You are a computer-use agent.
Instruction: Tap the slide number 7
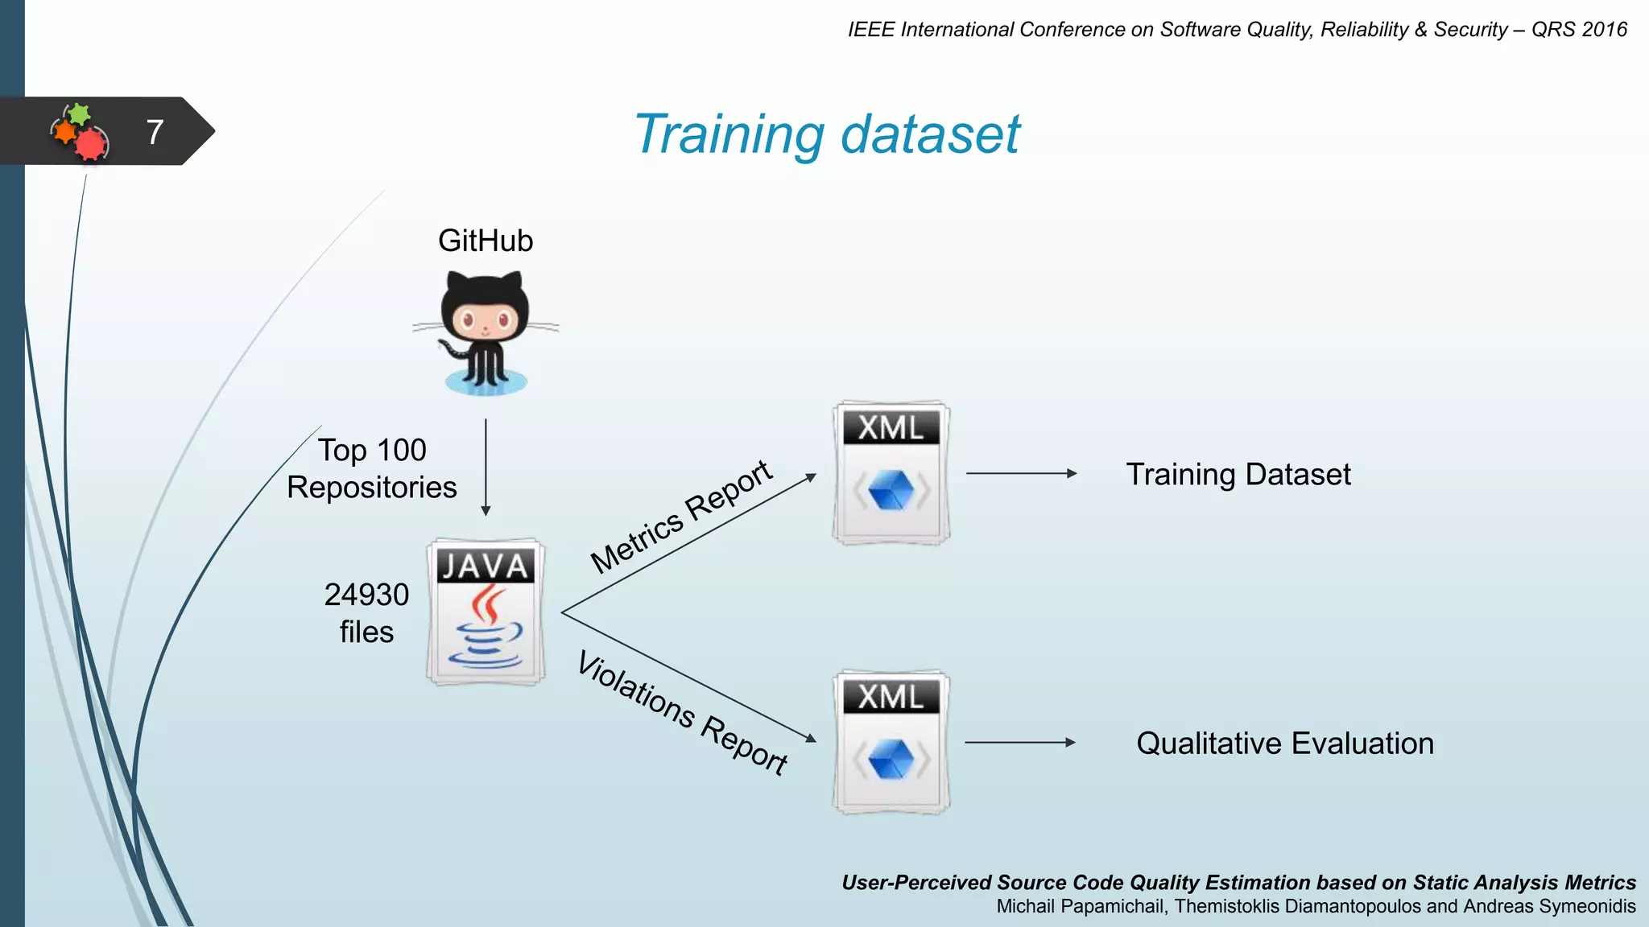coord(155,132)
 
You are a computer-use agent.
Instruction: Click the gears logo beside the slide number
coord(80,132)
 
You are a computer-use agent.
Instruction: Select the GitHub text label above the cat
coord(485,241)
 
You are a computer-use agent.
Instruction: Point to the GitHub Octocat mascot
coord(486,332)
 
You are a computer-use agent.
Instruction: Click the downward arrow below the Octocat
coord(486,467)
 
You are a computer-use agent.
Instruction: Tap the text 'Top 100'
coord(372,450)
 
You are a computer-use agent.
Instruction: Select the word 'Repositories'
coord(371,488)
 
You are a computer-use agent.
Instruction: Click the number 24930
coord(366,595)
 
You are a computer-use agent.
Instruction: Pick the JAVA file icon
coord(486,612)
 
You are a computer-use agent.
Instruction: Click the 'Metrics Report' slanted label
coord(681,516)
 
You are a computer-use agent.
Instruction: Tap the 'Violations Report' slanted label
coord(683,713)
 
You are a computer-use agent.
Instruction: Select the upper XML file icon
coord(891,473)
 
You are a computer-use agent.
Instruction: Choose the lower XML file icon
coord(891,742)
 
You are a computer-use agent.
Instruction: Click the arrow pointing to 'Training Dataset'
coord(1021,473)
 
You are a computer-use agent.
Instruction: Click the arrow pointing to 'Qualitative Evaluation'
coord(1020,742)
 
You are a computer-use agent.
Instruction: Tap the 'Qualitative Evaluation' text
coord(1285,743)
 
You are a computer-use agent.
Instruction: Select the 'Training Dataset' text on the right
coord(1238,474)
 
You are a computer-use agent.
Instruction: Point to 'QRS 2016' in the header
coord(1579,30)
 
